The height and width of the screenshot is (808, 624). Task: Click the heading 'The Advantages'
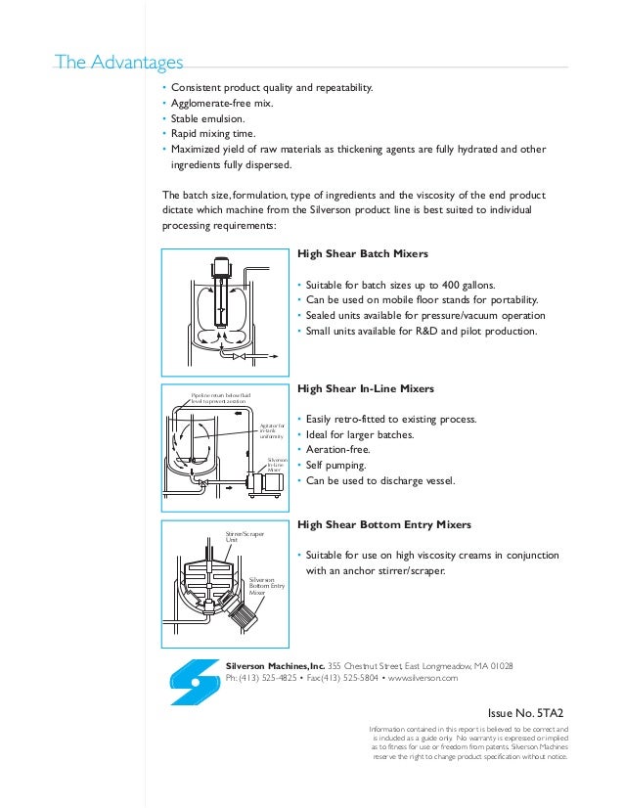pos(119,64)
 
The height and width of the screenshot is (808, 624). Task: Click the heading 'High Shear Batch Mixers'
pos(362,253)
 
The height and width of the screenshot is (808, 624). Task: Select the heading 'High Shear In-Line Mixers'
pos(365,388)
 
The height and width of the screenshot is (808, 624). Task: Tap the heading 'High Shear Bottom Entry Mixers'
pos(377,524)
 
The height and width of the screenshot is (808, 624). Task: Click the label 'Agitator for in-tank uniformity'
pos(272,430)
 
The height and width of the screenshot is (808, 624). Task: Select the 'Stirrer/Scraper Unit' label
pos(239,537)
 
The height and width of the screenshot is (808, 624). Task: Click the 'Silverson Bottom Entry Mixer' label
pos(267,585)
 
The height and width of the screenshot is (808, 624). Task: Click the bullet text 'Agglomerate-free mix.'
pos(222,104)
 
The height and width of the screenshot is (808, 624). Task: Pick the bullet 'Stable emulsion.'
pos(209,118)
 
